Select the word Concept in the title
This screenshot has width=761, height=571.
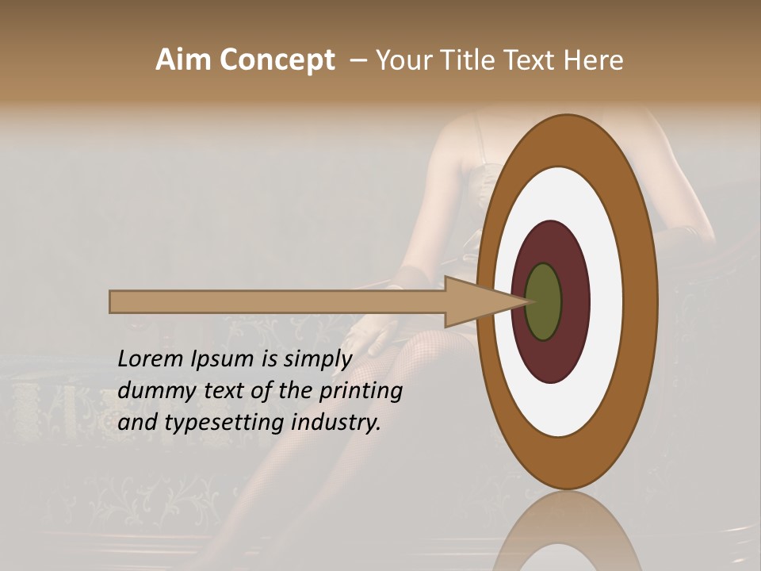[x=276, y=60]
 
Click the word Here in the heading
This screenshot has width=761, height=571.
[x=592, y=60]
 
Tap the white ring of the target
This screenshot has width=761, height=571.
[x=606, y=301]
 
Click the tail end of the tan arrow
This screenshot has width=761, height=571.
[x=113, y=301]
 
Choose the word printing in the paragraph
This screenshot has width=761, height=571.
[x=361, y=391]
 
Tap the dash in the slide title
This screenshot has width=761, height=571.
[x=358, y=60]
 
